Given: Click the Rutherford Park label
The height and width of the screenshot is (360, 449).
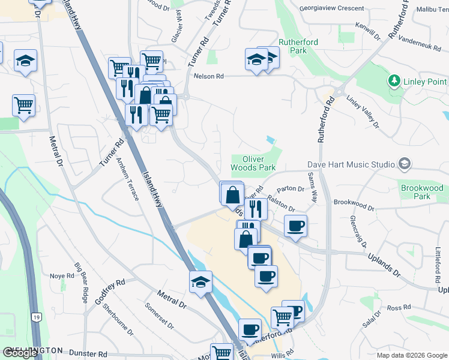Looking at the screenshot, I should click(298, 46).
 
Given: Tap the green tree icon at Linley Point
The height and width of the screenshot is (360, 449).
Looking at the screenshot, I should click(394, 81).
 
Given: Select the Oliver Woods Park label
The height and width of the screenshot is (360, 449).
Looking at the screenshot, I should click(254, 163).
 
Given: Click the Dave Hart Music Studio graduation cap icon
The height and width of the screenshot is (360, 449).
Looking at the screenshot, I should click(405, 164).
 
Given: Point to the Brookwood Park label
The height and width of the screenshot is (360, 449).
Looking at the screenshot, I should click(422, 192).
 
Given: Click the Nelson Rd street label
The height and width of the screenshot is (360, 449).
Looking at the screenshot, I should click(208, 76).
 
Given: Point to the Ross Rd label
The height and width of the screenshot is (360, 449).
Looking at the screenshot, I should click(399, 308).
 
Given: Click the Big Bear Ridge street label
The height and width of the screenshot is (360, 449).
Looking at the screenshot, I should click(82, 281).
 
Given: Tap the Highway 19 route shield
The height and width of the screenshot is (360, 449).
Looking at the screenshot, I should click(35, 317).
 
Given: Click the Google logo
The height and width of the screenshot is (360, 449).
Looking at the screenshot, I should click(20, 353).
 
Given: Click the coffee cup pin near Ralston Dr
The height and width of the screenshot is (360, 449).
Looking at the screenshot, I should click(295, 226).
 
